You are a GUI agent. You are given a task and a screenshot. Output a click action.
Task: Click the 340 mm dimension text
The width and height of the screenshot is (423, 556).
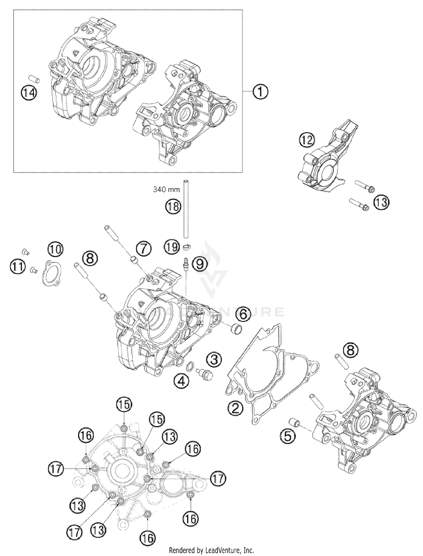(x=166, y=190)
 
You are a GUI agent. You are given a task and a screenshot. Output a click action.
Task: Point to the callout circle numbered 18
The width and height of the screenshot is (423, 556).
(x=173, y=206)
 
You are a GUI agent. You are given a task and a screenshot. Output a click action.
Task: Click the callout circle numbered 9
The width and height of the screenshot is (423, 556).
(x=200, y=264)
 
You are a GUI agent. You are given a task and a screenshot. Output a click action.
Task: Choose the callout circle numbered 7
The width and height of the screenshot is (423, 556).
(x=143, y=249)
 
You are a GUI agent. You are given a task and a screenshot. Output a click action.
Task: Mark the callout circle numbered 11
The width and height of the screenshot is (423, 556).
(x=18, y=267)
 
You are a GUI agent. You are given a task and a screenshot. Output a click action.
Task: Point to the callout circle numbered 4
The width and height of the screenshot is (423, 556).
(x=181, y=382)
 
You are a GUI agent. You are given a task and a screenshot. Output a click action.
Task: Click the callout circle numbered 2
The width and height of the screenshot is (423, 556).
(x=235, y=408)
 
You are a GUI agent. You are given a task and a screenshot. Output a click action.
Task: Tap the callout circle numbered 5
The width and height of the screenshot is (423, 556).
(x=288, y=436)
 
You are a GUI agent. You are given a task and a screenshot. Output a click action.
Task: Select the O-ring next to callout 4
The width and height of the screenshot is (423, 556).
(x=191, y=367)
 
